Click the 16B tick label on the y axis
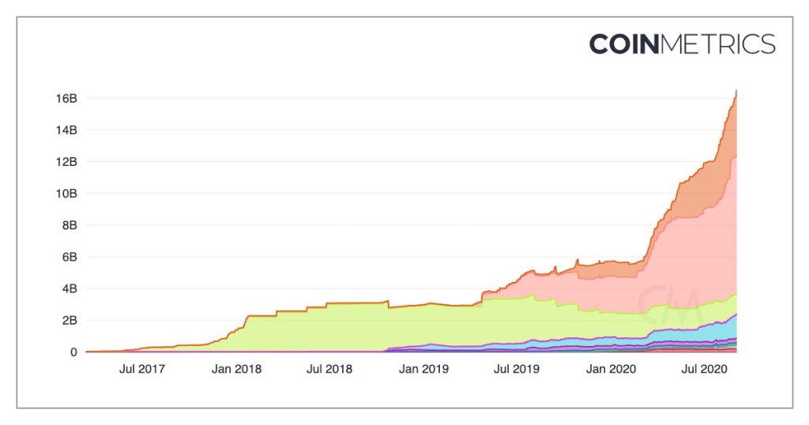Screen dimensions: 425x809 point(65,99)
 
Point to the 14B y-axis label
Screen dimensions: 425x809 point(65,130)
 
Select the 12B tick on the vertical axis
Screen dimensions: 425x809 point(65,162)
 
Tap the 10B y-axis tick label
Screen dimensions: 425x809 point(65,194)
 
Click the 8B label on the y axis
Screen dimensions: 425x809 point(68,225)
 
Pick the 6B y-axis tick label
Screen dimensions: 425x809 point(68,257)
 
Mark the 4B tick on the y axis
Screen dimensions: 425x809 point(68,288)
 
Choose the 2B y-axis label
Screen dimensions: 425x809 point(68,320)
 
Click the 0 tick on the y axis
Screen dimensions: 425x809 point(73,352)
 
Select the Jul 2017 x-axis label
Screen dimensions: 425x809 point(142,369)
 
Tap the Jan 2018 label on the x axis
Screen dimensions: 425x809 point(236,369)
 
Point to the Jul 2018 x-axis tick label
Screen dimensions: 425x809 point(329,369)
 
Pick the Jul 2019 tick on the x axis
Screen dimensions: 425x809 point(515,369)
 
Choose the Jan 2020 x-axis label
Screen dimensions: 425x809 point(609,369)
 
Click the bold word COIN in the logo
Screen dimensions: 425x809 point(623,44)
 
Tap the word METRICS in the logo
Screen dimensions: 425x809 point(717,44)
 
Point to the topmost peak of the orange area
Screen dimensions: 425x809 point(736,92)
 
